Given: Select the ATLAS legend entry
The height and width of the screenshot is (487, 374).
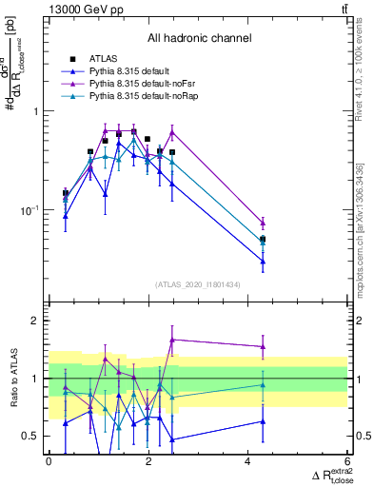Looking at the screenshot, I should (107, 60).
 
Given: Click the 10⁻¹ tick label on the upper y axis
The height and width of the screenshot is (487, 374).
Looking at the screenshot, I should (33, 210).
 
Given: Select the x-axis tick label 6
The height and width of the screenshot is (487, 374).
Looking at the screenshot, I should (347, 459).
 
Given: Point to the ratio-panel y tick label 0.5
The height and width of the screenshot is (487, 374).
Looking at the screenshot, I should (33, 436).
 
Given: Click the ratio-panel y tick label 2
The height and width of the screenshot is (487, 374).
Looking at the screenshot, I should (38, 321).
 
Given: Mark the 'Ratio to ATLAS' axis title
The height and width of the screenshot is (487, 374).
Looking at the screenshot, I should (12, 379).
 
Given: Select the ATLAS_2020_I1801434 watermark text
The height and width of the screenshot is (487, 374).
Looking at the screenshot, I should (199, 283).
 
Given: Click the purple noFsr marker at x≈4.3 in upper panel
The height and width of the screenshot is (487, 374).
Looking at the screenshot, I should (263, 223).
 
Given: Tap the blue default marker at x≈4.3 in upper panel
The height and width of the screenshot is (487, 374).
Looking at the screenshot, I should (263, 262).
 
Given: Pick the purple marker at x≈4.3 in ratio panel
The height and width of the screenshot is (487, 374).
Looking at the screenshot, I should (263, 346).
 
